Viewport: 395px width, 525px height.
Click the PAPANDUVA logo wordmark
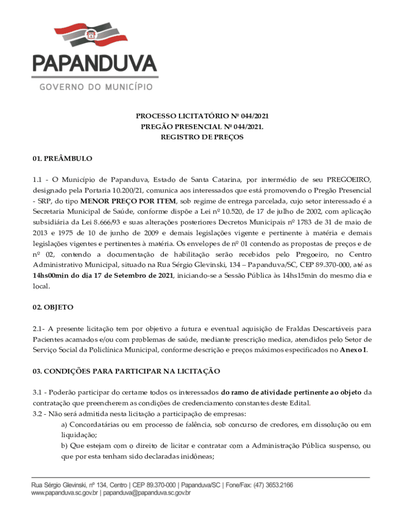point(95,64)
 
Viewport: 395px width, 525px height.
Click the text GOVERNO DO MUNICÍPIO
point(95,87)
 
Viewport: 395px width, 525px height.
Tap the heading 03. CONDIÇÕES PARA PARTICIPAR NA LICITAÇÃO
point(126,371)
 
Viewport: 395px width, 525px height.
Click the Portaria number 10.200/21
point(116,190)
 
